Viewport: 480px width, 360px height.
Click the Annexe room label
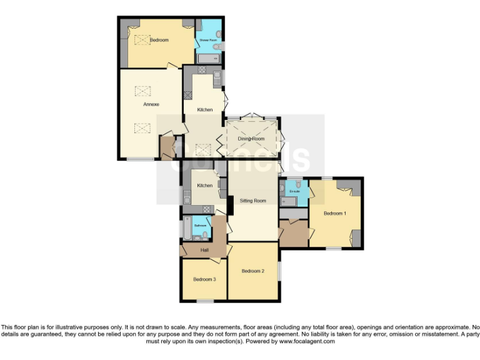point(151,104)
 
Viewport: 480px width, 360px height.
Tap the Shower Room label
point(207,40)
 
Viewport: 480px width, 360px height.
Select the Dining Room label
point(251,139)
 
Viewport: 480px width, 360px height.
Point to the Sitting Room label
point(253,201)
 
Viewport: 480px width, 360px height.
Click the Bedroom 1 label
point(334,214)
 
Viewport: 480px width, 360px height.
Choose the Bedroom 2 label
point(253,271)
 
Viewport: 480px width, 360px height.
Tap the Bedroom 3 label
point(204,279)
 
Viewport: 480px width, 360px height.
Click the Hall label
point(204,250)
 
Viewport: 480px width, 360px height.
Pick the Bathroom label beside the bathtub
point(201,225)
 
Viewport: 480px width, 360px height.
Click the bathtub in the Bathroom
point(185,229)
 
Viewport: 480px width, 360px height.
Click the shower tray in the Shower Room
point(208,59)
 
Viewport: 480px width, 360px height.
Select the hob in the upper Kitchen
point(187,95)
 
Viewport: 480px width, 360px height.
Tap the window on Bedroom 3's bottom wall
point(204,302)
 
